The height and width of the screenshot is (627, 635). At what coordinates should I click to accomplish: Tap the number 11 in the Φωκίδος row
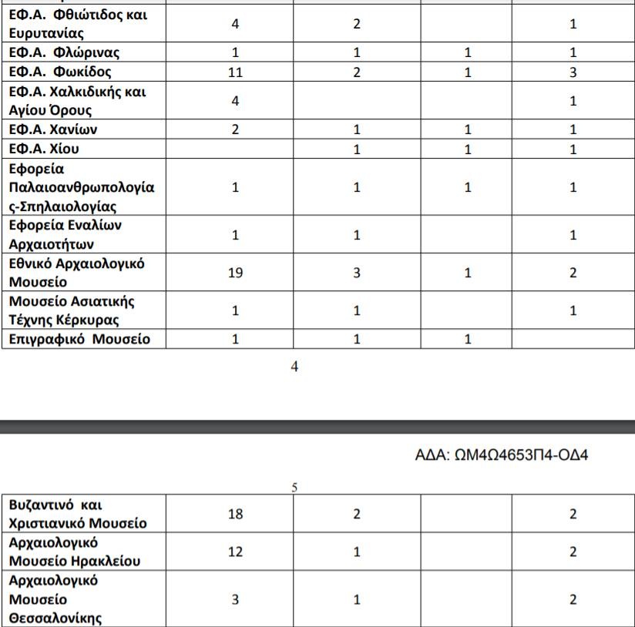[236, 72]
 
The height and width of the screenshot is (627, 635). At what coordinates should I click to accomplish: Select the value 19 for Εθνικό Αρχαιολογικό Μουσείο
[236, 273]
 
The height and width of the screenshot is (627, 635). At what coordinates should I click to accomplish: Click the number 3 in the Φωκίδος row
[573, 72]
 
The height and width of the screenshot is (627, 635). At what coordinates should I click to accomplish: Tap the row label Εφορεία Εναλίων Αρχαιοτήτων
[66, 235]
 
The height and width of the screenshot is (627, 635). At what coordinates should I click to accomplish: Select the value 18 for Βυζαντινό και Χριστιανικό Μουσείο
[236, 515]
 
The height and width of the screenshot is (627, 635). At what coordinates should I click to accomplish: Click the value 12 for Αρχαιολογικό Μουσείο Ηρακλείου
[236, 552]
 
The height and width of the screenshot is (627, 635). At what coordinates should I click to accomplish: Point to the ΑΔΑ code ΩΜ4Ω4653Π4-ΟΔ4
[502, 455]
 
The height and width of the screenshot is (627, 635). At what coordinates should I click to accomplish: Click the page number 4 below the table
[294, 367]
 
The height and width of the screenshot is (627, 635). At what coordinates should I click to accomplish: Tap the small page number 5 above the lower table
[294, 488]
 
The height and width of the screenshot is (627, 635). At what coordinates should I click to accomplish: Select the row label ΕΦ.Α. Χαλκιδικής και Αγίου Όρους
[77, 101]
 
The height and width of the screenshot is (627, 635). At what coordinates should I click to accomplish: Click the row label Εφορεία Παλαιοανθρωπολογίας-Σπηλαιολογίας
[82, 187]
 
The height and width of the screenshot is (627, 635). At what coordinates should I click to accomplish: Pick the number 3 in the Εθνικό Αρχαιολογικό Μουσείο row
[357, 273]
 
